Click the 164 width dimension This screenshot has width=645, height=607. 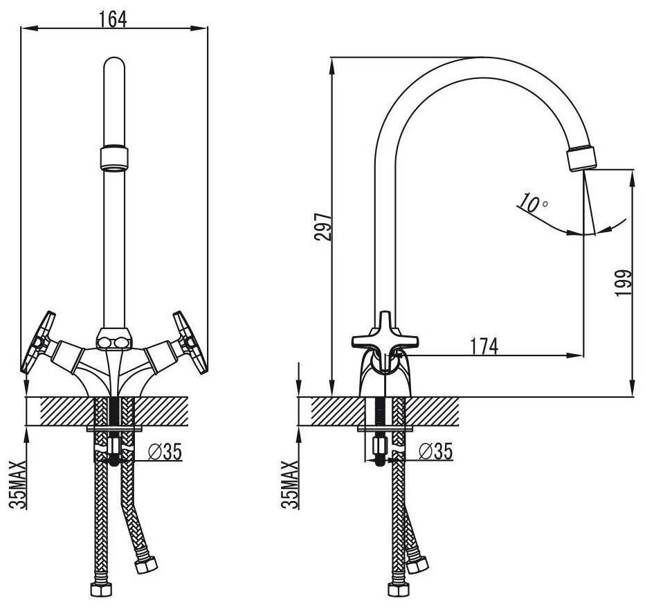pos(113,19)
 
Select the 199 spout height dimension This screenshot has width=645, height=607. pos(623,283)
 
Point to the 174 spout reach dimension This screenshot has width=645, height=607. pos(484,346)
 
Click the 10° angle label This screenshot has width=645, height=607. pos(533,202)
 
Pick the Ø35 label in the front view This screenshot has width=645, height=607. pos(165,452)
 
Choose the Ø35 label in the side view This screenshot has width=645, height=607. pos(435,451)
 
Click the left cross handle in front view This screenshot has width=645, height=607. pos(39,342)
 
